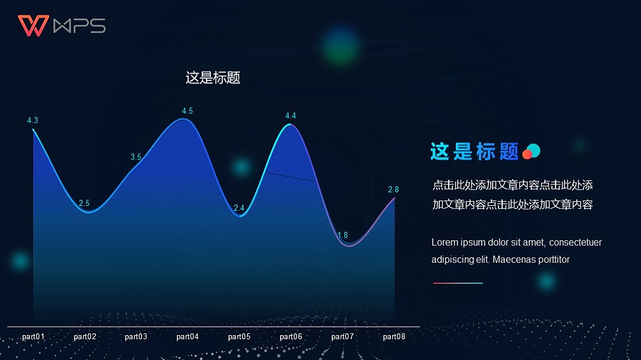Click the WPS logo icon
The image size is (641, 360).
33,26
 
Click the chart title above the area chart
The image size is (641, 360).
212,78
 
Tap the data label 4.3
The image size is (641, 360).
33,120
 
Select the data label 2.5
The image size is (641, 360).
84,203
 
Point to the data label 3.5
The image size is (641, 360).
136,157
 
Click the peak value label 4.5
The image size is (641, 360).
187,111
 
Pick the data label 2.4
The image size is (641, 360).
239,208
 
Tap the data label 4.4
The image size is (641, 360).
290,116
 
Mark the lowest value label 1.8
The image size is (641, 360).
342,235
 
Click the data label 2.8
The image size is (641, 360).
393,190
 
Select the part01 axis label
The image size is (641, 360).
33,337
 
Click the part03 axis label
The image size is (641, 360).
136,337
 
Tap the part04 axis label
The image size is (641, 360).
188,337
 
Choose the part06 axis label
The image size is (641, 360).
291,337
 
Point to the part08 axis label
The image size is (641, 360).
394,337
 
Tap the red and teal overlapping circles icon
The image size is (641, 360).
531,152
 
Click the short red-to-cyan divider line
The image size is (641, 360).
458,283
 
